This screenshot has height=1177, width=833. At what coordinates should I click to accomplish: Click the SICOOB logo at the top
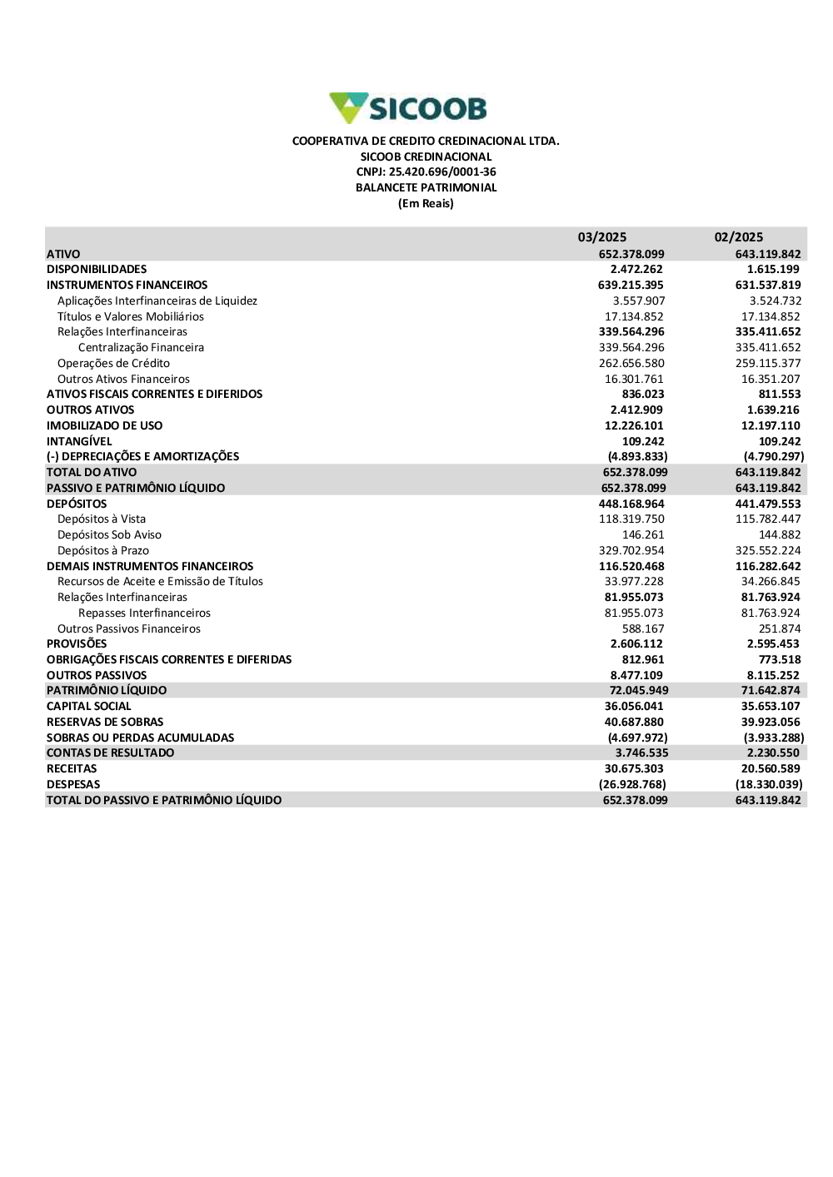pos(408,108)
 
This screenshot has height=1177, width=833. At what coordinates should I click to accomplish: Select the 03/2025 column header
pos(601,237)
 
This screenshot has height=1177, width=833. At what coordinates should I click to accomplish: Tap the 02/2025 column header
pos(738,237)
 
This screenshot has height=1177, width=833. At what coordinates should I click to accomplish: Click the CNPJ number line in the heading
pos(426,172)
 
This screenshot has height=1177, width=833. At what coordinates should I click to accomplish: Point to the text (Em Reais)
pos(426,204)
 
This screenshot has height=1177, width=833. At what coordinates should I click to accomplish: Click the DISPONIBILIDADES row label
pos(97,270)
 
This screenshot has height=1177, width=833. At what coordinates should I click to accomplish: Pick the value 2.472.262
pos(636,270)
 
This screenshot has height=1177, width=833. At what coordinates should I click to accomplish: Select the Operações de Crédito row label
pos(113,364)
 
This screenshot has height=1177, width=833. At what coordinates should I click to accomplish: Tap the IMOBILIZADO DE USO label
pos(105,426)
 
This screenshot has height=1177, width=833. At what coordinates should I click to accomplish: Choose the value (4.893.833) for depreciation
pos(637,457)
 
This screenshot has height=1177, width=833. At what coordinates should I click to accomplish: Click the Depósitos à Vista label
pos(102,519)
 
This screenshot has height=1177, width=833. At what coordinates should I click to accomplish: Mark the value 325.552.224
pos(768,551)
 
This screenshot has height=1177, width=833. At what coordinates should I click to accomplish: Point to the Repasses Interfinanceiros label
pos(144,613)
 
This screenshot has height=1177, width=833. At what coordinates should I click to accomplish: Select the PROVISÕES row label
pos(77,644)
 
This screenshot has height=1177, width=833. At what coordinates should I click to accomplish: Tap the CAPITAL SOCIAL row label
pos(89,707)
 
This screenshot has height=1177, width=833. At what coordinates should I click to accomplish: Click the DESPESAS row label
pos(73,785)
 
